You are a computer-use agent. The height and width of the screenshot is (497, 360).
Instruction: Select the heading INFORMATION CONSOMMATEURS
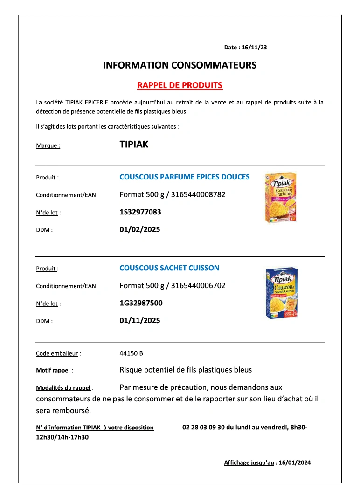pos(180,65)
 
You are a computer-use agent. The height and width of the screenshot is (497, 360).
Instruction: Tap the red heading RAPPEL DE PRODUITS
pos(180,85)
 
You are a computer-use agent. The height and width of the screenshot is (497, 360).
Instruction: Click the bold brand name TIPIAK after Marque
pos(134,145)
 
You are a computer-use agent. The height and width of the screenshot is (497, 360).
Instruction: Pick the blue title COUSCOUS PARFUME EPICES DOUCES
pos(184,177)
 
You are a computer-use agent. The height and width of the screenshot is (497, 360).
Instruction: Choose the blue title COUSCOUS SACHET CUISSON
pos(169,268)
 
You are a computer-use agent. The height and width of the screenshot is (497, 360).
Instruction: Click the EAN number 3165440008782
pos(198,194)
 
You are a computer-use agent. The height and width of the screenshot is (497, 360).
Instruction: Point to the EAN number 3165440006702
pos(198,285)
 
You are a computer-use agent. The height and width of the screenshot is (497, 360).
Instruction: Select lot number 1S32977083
pos(140,212)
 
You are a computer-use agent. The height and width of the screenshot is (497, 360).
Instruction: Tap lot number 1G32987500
pos(141,303)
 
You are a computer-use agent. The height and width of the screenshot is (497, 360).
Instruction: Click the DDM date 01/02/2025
pos(140,229)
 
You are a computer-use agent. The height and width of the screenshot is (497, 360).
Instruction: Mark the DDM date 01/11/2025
pos(140,320)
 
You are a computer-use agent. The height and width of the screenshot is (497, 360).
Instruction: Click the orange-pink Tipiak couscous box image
pos(280,197)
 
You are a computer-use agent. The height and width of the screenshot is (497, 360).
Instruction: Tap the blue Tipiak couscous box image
pos(281,293)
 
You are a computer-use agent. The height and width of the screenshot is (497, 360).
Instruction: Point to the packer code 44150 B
pos(131,353)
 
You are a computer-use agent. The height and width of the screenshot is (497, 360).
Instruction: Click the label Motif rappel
pos(53,371)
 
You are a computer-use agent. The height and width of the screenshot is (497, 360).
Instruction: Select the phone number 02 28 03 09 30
pos(203,427)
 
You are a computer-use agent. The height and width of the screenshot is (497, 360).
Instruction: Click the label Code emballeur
pos(57,354)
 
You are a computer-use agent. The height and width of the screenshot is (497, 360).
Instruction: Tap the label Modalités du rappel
pos(63,388)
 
